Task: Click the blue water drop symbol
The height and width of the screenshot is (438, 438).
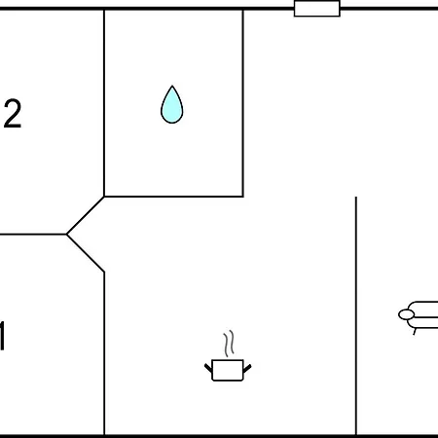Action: point(172,105)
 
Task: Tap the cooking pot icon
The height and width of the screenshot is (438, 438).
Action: point(228,370)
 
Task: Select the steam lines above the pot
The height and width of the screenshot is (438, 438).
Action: point(229,344)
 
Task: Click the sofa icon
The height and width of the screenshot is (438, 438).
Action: point(419,315)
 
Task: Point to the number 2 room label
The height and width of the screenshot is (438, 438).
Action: point(13,113)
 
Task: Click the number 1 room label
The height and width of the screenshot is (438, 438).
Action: point(3,336)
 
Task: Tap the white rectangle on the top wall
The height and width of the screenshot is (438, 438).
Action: point(317,9)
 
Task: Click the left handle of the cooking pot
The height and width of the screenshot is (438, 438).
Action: point(208,368)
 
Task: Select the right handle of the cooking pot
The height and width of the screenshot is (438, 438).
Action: point(247,368)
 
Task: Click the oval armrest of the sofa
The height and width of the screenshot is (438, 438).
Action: point(406,314)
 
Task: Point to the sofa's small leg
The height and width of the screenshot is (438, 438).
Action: point(415,332)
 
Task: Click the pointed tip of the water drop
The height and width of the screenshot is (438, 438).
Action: point(172,86)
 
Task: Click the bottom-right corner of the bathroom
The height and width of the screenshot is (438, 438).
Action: point(243,197)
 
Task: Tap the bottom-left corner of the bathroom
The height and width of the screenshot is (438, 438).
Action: point(104,197)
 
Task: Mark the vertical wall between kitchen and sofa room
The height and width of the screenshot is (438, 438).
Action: point(356,315)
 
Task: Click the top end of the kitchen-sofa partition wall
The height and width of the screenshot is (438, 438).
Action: point(356,197)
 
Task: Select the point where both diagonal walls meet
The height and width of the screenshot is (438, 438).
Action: point(66,234)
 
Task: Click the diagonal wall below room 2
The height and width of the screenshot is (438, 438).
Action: point(86,215)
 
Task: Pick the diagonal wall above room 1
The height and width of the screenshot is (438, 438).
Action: point(86,253)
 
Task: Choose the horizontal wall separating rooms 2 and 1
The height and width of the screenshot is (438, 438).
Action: point(33,234)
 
